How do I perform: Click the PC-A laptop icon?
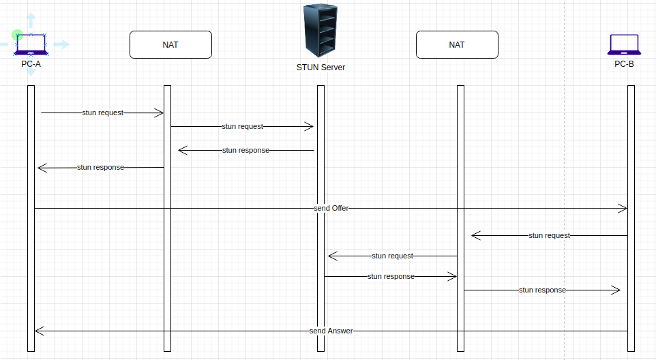(x=31, y=44)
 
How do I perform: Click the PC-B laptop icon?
(x=623, y=45)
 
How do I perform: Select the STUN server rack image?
(x=320, y=30)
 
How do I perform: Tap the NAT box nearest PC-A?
(x=170, y=45)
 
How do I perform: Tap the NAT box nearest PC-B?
(x=457, y=45)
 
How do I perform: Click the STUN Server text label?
(x=320, y=67)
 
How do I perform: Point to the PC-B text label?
(x=624, y=64)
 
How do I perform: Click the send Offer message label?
(x=331, y=208)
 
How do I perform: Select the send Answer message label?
(x=331, y=331)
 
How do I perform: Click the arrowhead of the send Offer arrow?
(x=623, y=208)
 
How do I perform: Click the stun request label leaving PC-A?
(x=102, y=112)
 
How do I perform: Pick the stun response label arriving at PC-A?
(x=100, y=167)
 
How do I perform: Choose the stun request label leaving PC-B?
(x=549, y=235)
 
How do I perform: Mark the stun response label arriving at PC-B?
(x=542, y=290)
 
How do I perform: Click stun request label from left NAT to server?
(x=242, y=126)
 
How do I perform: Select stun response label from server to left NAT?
(x=245, y=150)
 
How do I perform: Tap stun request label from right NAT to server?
(x=392, y=256)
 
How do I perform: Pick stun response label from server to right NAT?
(x=391, y=276)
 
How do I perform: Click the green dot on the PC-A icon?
(x=18, y=34)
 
